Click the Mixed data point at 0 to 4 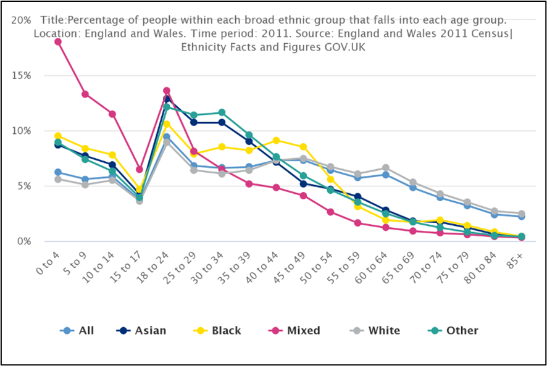coord(58,41)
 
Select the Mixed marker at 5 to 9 coord(85,94)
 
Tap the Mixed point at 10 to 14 coord(112,114)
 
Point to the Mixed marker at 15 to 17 coord(140,169)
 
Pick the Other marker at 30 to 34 coord(222,112)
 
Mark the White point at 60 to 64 coord(385,167)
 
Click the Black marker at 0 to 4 coord(58,136)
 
